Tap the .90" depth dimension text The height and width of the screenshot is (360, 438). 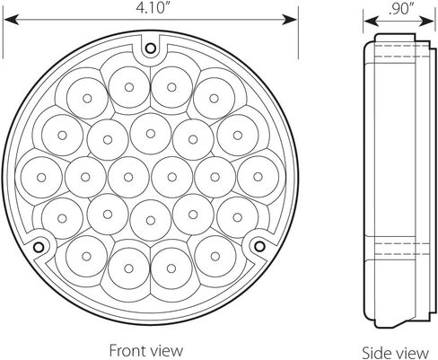pyautogui.click(x=399, y=9)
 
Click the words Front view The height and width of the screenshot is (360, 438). pyautogui.click(x=146, y=350)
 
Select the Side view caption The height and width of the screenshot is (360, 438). pyautogui.click(x=395, y=352)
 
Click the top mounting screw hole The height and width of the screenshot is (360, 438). pyautogui.click(x=150, y=48)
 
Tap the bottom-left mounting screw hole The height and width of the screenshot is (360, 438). pyautogui.click(x=39, y=247)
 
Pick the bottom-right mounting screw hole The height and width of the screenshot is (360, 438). pyautogui.click(x=259, y=246)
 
